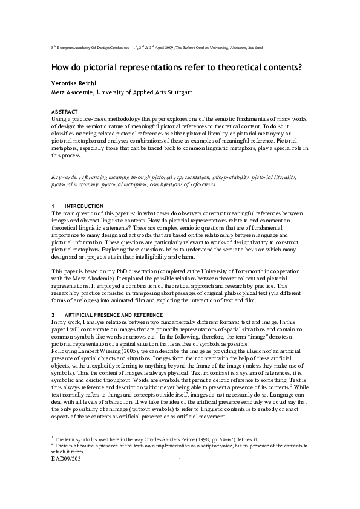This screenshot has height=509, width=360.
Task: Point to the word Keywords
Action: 65,177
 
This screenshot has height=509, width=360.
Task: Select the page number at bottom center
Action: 180,461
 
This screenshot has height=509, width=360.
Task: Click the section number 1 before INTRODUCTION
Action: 53,206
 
